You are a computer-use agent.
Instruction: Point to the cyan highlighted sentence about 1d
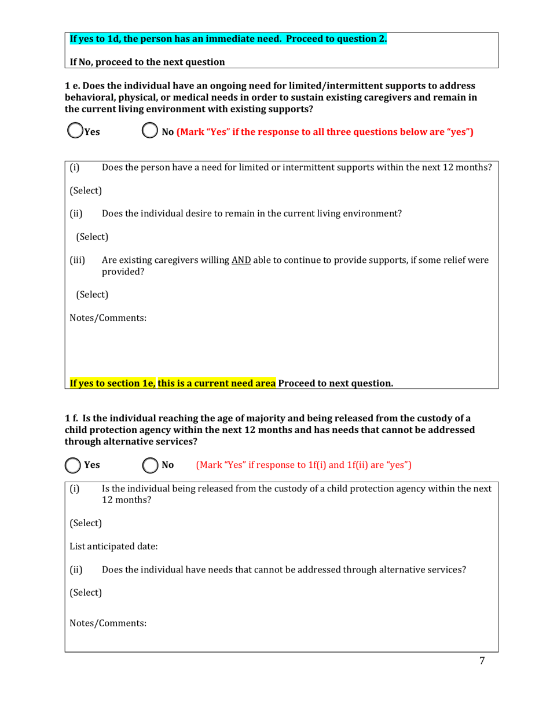click(228, 39)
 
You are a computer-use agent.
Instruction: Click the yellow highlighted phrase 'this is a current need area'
click(217, 383)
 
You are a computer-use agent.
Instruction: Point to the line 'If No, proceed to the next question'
click(147, 61)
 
